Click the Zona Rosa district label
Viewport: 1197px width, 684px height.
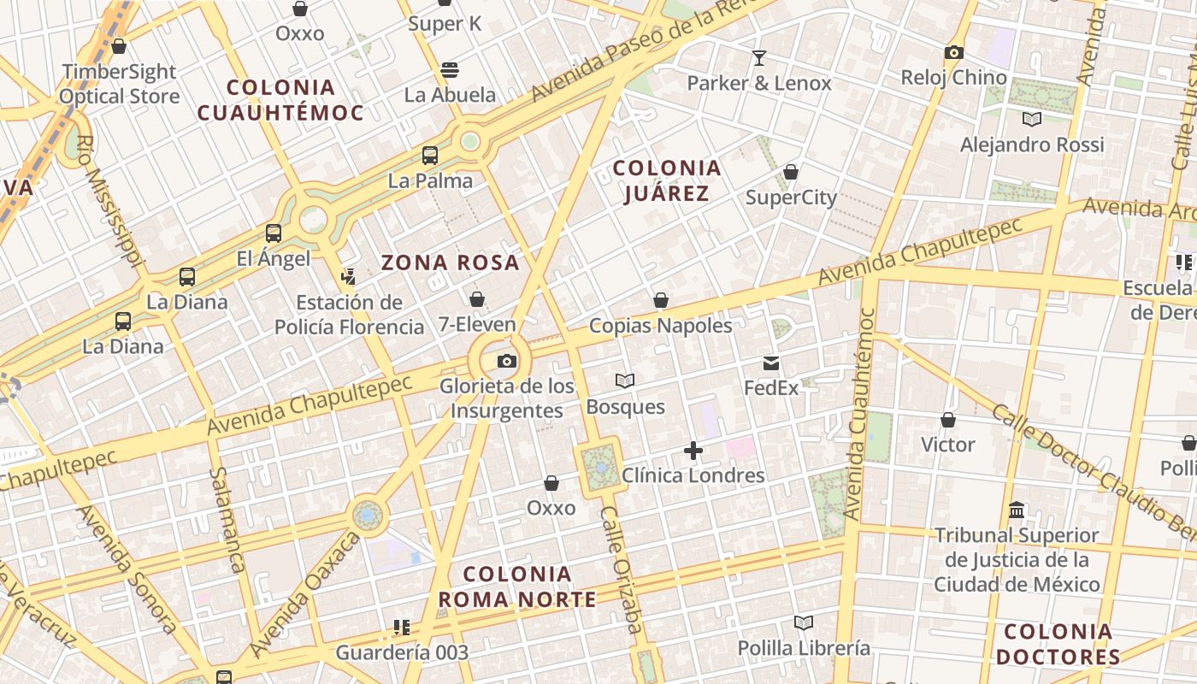pos(451,262)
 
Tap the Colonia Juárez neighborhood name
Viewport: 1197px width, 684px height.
pos(667,180)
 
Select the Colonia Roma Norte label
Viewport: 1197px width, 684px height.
pos(517,587)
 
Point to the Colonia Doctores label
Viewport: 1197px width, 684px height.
pos(1058,644)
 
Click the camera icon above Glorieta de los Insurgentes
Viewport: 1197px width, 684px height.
pos(507,361)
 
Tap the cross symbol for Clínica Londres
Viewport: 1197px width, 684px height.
pos(693,451)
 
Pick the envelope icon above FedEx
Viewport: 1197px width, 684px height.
pos(771,363)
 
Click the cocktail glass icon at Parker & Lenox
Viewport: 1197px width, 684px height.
pos(758,58)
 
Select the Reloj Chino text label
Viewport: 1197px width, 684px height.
pos(953,77)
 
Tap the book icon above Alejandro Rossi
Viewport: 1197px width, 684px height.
pos(1032,119)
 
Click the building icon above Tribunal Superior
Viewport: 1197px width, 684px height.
pos(1017,510)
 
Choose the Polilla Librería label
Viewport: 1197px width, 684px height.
pos(804,648)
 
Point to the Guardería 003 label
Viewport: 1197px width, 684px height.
pos(402,653)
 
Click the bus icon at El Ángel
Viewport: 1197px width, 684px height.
pos(274,233)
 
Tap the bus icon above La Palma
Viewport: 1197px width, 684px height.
pos(430,156)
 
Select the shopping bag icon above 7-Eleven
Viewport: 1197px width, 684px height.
pos(477,299)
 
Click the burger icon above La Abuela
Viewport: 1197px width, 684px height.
pos(450,69)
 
